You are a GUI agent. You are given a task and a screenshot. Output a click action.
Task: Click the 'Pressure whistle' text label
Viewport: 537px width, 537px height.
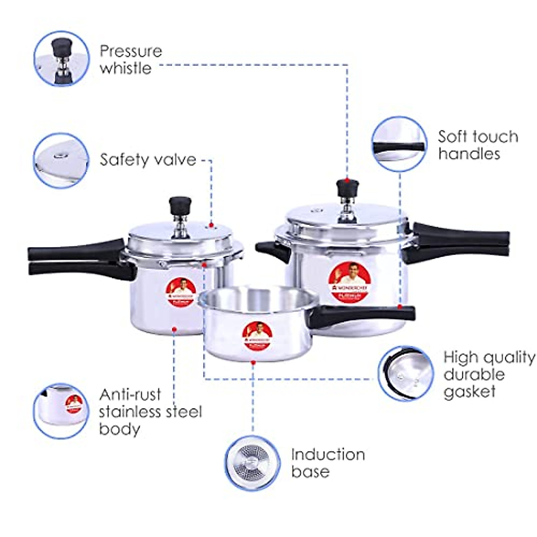click(131, 60)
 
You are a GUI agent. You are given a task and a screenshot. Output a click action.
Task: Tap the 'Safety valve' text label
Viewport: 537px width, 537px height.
click(148, 160)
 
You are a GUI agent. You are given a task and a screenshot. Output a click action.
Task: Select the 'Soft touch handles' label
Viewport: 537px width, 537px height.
click(478, 145)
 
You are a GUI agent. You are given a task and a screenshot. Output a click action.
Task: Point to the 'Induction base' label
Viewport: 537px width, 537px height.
click(328, 463)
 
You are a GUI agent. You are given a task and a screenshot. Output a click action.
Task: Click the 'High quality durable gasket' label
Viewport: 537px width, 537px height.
click(489, 374)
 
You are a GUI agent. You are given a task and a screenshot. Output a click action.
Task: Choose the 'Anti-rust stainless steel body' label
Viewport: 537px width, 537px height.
click(150, 412)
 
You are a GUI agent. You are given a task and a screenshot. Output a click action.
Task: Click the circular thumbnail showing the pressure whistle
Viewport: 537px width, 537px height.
click(62, 58)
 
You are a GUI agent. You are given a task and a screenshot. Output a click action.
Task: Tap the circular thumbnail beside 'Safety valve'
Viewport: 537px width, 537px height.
click(62, 160)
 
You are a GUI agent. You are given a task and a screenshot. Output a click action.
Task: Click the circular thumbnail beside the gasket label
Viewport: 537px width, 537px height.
click(406, 373)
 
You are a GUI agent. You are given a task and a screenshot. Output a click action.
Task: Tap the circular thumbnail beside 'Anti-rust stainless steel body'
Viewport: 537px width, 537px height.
click(62, 410)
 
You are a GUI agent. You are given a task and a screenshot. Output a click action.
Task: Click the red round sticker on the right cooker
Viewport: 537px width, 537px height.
click(349, 282)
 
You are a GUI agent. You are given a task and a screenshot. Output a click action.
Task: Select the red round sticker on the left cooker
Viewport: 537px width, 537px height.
click(181, 292)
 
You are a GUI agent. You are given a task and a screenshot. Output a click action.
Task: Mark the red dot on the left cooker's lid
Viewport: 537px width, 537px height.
click(212, 226)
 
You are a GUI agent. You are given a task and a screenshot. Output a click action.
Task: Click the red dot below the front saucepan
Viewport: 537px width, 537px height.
click(253, 362)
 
